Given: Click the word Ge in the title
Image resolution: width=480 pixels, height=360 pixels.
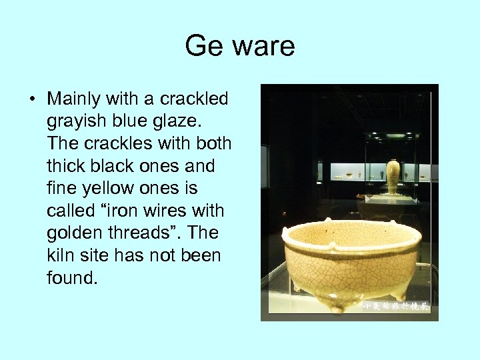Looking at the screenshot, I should pos(200,47).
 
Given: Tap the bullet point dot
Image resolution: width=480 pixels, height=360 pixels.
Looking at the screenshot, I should pos(33,100).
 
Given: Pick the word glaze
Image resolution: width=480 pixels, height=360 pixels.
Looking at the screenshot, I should pos(169,122).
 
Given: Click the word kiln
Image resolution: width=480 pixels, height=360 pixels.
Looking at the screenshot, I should pos(62,255).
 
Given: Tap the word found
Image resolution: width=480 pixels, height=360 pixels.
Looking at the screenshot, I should pos(72,277).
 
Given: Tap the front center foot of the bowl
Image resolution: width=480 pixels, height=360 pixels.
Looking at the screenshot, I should pos(337,307).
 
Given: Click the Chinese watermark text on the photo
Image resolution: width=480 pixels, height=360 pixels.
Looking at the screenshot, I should pos(395,306).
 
